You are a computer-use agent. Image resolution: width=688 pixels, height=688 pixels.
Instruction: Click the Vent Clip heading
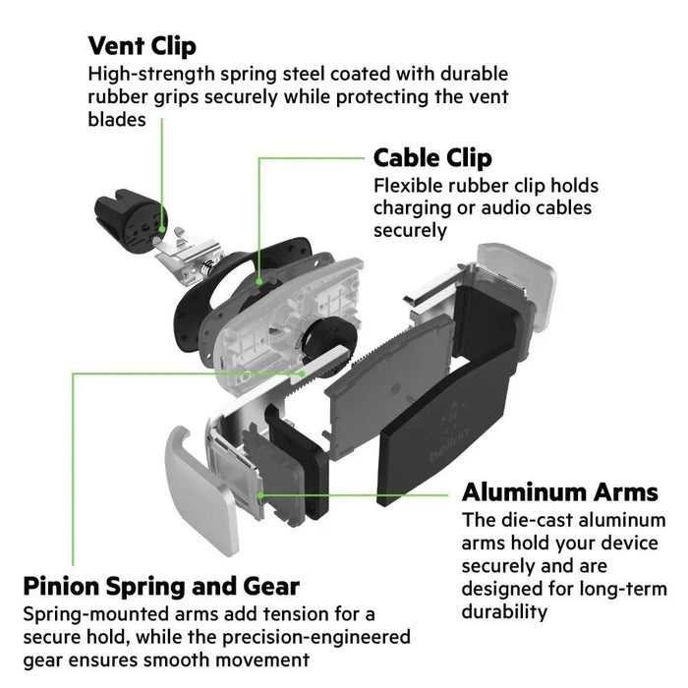point(142,45)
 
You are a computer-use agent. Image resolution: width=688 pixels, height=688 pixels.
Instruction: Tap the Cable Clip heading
point(432,158)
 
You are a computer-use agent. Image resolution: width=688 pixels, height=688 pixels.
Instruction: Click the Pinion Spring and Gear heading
point(161,587)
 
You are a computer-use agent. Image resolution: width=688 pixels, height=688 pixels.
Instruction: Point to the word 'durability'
point(504,611)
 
